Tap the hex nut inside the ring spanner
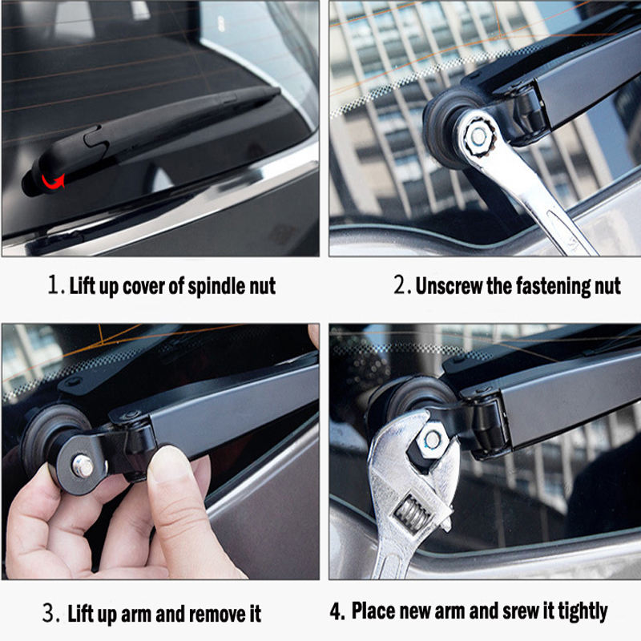pos(478,137)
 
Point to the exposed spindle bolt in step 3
pos(83,466)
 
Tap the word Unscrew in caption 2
pos(449,286)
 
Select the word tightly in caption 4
pos(583,612)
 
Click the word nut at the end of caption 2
pos(608,286)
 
